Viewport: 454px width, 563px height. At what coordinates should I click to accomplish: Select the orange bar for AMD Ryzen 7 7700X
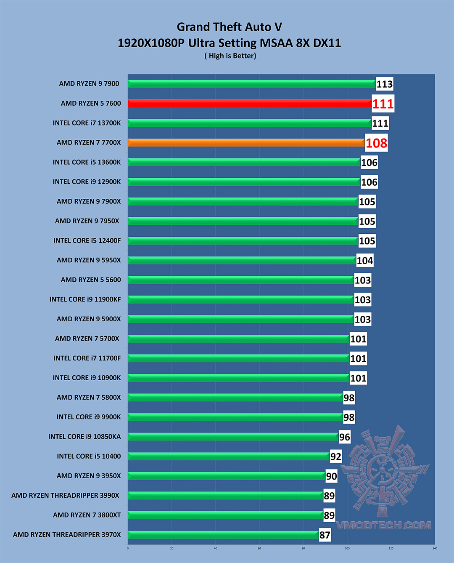246,143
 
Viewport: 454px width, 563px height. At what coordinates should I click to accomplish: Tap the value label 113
384,84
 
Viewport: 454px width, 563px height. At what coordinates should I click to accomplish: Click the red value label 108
376,143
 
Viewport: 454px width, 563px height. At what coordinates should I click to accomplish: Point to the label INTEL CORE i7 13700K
87,123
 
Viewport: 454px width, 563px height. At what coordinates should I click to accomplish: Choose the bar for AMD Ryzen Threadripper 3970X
223,535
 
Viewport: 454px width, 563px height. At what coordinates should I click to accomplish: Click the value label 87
325,535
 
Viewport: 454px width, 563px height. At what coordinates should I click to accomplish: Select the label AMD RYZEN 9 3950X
89,476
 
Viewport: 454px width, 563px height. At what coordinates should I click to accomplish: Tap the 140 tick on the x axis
435,548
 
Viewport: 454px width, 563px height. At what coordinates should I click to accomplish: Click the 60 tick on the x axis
259,548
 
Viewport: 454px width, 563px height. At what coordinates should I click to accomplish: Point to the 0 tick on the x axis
128,548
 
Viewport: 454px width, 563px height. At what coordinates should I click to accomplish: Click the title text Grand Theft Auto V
229,27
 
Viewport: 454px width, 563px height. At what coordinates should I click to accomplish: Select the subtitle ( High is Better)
230,56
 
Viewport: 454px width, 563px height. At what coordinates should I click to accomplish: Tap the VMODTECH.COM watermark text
383,525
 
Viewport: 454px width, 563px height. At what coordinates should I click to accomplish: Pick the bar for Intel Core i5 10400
229,456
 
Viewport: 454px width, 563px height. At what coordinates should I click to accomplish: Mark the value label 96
344,437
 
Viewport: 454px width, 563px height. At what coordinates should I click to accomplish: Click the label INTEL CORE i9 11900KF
85,299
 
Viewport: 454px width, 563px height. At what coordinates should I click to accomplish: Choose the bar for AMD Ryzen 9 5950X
242,260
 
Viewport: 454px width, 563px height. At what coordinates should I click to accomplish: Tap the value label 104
364,261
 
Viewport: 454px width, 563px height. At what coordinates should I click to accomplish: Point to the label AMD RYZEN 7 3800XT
87,515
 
